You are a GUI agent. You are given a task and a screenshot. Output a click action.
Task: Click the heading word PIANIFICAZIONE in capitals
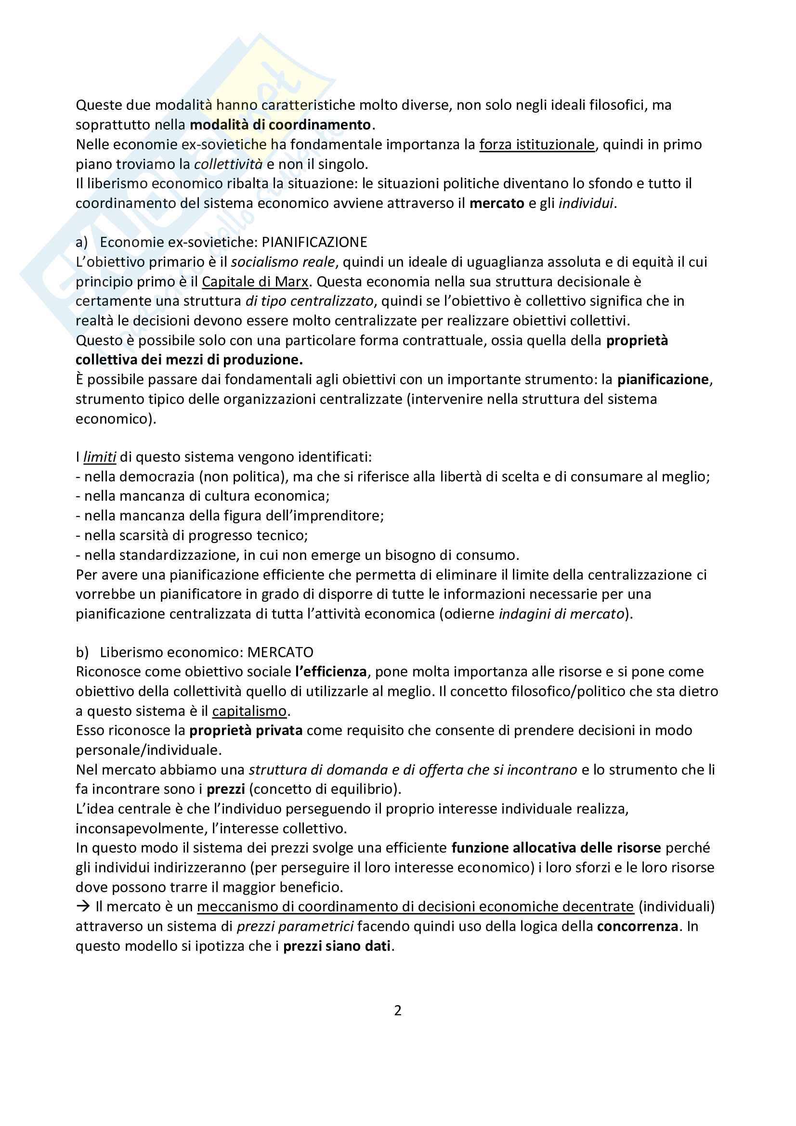314,242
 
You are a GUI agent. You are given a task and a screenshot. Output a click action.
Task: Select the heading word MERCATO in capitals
280,652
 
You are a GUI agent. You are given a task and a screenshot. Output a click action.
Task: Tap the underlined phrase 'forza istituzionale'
536,145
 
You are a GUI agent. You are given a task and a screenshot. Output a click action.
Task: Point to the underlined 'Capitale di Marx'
255,282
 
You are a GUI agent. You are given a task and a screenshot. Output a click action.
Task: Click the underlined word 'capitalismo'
249,711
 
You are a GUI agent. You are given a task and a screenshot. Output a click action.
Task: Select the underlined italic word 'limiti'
100,457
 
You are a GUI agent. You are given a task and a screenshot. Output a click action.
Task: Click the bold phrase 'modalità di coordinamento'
280,125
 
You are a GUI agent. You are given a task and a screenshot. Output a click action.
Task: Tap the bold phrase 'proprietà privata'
246,731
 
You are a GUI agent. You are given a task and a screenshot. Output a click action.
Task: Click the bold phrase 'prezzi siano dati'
337,946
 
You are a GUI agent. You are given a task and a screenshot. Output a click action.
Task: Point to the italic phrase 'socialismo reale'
283,262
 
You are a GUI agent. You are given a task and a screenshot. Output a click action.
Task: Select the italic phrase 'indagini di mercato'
561,614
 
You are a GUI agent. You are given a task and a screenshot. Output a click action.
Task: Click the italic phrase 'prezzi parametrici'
295,926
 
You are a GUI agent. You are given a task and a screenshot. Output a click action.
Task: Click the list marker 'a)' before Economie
81,242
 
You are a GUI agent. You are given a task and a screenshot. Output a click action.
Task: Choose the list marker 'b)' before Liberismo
82,652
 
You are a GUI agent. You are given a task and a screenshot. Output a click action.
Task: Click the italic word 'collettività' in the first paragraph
228,164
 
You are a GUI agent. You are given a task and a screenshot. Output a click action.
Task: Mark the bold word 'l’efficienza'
330,672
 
